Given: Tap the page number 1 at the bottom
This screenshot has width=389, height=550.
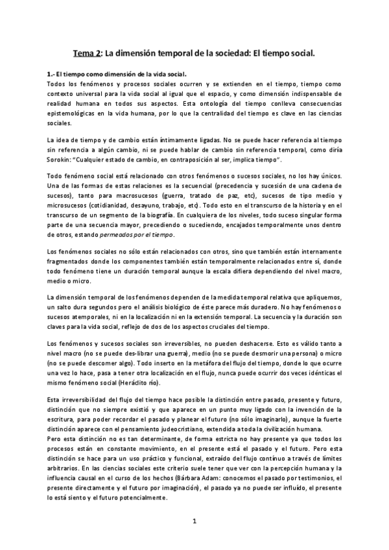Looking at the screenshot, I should pos(194,520).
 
